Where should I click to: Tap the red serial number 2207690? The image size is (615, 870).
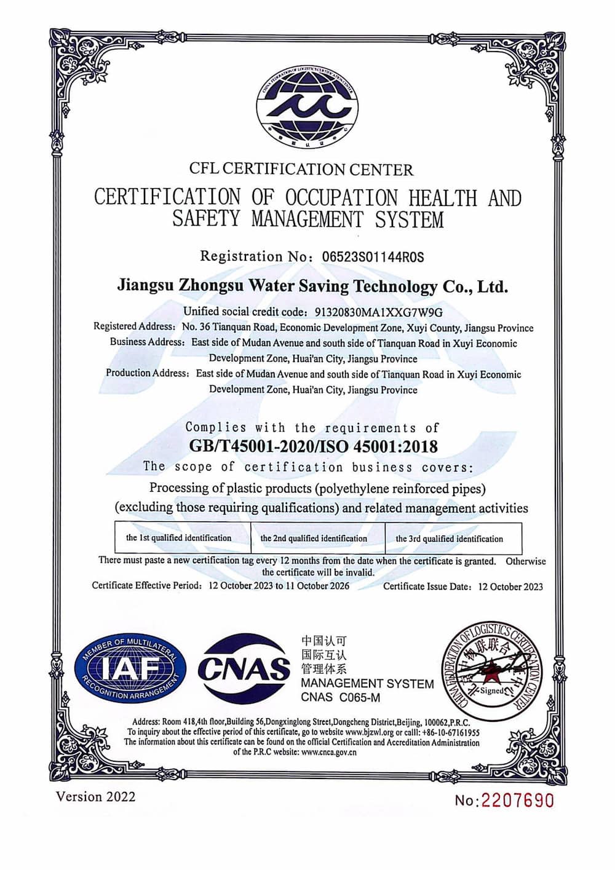(517, 801)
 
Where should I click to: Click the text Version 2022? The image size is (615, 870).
(95, 797)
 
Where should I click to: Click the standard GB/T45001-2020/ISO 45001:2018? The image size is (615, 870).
(313, 446)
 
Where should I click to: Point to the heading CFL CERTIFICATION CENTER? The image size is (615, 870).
(301, 169)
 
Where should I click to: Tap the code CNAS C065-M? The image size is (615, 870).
(341, 697)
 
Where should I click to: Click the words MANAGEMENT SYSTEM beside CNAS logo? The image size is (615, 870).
(367, 684)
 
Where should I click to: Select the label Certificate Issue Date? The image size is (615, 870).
(428, 587)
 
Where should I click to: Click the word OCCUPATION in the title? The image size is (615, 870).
(341, 198)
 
